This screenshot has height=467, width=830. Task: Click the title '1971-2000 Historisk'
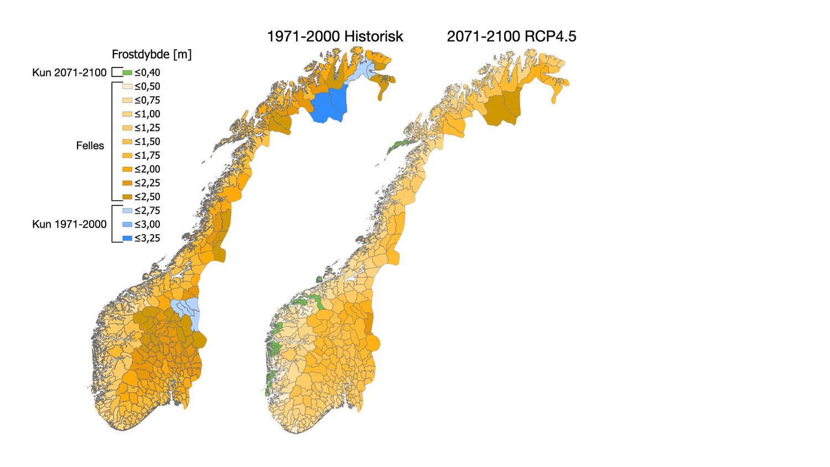click(335, 37)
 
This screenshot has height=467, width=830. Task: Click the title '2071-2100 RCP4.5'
click(511, 37)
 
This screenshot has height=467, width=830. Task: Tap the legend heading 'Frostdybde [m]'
click(152, 54)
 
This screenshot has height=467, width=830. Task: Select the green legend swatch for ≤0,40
click(127, 72)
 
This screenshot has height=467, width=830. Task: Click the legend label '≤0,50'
click(147, 86)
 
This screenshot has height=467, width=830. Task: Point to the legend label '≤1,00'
click(147, 114)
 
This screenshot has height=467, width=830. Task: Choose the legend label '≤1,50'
click(147, 142)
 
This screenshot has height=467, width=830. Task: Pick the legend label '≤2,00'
click(147, 169)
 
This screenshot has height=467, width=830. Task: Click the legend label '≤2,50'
click(147, 197)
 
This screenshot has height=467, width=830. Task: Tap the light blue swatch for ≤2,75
click(127, 211)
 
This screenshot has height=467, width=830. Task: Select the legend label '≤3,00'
click(147, 225)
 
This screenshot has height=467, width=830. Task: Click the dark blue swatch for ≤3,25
click(127, 238)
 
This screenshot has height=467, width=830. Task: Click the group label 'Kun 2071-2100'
click(69, 72)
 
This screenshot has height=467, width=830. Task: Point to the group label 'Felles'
click(90, 146)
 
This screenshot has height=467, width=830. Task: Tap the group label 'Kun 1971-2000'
click(69, 225)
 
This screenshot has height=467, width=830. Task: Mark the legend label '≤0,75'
click(147, 100)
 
